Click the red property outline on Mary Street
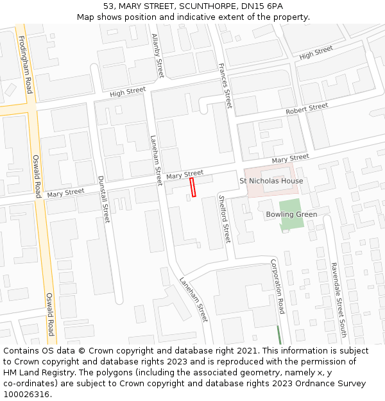click(193, 187)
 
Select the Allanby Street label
click(158, 55)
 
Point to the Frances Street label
click(224, 85)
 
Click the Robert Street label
click(307, 109)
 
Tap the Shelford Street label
click(224, 219)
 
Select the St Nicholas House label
click(271, 181)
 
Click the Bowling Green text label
click(291, 214)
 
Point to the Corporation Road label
click(277, 286)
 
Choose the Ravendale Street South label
click(338, 300)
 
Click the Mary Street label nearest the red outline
click(185, 174)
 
